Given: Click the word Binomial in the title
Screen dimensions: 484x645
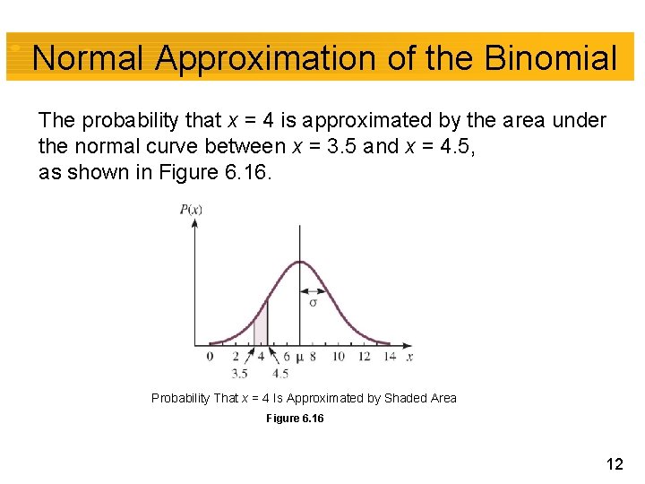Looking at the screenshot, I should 550,59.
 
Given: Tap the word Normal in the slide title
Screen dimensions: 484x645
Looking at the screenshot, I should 88,59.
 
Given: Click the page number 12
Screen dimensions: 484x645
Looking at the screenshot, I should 615,463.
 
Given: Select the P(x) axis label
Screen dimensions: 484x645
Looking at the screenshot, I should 192,210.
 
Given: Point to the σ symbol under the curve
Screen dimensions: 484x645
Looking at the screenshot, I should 313,302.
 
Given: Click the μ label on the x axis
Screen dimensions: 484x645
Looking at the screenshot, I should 299,357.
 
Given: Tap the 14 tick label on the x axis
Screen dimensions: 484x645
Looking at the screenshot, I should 389,356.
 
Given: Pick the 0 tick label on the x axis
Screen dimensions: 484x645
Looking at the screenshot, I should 210,356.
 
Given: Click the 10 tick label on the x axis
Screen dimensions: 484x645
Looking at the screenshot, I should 339,356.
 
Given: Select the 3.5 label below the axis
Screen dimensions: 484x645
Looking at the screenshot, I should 240,373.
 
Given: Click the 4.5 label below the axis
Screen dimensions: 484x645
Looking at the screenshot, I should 279,373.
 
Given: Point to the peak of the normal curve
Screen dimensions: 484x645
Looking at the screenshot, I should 299,263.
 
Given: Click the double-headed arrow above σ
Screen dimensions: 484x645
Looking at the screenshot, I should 313,290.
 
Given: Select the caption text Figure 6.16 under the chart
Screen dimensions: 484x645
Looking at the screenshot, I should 296,419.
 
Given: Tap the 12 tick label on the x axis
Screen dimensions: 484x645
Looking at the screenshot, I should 364,356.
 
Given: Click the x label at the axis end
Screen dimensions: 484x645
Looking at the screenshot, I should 409,356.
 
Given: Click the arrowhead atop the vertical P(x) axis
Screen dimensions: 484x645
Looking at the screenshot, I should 194,222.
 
